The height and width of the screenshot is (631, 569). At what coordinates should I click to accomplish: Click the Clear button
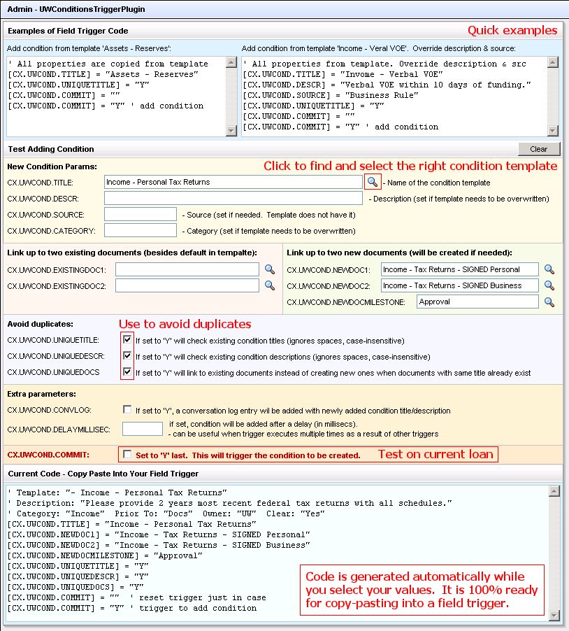pos(538,149)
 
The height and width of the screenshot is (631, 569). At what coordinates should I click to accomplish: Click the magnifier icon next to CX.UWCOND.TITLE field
pos(373,182)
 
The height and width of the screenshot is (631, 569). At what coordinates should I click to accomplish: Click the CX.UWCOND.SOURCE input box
pos(140,215)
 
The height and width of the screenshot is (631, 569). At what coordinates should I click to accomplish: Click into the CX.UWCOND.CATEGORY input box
pos(140,230)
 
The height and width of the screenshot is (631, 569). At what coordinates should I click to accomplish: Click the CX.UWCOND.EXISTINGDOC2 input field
pos(187,285)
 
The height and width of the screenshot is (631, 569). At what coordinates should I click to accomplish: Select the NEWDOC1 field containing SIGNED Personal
pos(460,269)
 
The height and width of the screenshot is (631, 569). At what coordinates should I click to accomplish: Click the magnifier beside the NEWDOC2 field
pos(549,285)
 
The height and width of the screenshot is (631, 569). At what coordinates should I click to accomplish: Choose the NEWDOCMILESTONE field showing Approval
pos(477,302)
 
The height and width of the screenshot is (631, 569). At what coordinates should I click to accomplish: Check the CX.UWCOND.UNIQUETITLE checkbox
pos(127,340)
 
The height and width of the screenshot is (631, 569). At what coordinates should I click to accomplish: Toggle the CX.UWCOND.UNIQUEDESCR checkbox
pos(127,356)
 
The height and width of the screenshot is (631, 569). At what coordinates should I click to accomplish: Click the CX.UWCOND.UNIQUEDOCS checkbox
pos(127,372)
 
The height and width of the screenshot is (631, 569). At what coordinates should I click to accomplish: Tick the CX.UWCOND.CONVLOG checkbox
pos(127,410)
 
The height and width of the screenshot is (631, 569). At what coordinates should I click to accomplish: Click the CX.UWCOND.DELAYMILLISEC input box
pos(142,428)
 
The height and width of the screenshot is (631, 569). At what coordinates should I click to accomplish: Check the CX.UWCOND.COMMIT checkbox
pos(127,455)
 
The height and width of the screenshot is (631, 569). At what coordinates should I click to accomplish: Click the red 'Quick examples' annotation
pos(512,31)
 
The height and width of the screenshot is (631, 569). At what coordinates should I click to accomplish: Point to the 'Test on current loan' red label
pos(435,454)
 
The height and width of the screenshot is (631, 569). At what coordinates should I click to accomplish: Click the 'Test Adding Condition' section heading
pos(50,149)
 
